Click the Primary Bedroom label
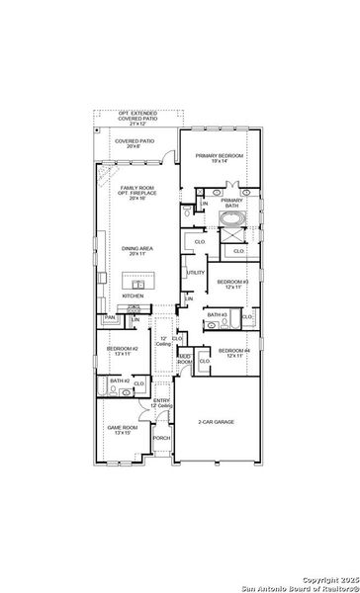pos(219,157)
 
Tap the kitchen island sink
pos(138,286)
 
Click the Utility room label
pos(196,273)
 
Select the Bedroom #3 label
pos(231,284)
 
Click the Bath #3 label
pos(217,314)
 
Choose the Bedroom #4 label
pos(233,352)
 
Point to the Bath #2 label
pos(120,381)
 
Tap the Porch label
pos(161,438)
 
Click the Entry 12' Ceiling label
pos(161,402)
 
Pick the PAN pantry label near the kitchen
pos(110,317)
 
